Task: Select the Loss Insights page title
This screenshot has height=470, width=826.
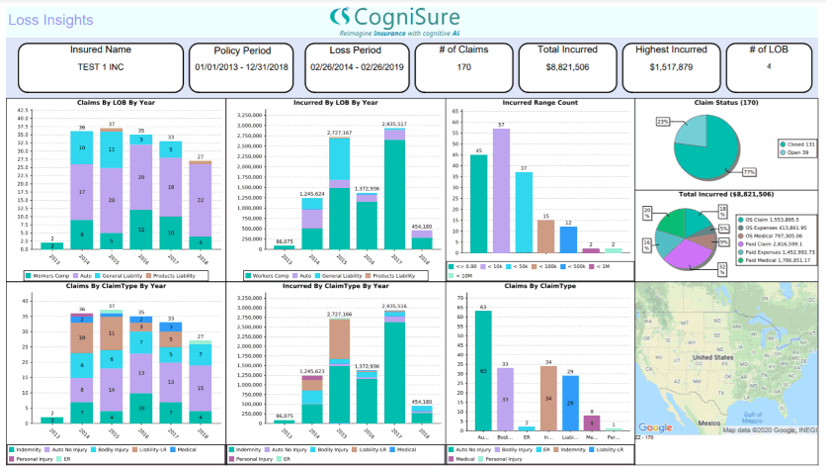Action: click(x=50, y=19)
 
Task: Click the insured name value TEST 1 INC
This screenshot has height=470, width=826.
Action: click(x=100, y=66)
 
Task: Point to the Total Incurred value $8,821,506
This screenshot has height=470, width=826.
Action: click(x=567, y=66)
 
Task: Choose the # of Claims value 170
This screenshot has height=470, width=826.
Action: click(x=463, y=66)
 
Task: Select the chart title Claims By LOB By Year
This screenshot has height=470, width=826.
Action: click(x=116, y=102)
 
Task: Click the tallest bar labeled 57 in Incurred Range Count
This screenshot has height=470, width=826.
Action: click(x=501, y=188)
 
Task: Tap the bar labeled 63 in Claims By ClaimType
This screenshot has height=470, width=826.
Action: click(x=483, y=371)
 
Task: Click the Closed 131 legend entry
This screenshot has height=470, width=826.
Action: click(x=793, y=143)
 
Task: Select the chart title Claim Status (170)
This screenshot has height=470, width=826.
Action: click(x=729, y=102)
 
